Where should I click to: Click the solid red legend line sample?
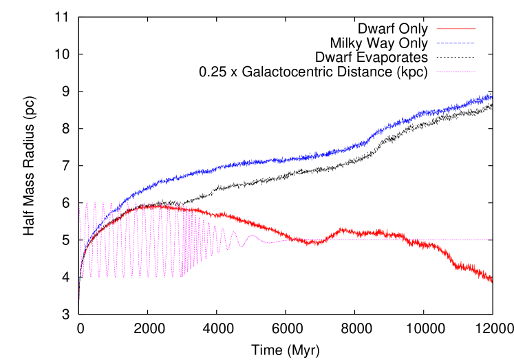456,29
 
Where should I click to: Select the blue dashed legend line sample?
456,43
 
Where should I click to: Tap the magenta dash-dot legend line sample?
456,72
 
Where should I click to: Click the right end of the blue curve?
491,97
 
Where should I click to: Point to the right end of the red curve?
491,280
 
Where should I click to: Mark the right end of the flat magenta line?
491,240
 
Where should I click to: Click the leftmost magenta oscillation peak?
80,204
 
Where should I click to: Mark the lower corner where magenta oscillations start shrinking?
182,277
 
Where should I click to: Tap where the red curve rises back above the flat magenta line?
328,239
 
